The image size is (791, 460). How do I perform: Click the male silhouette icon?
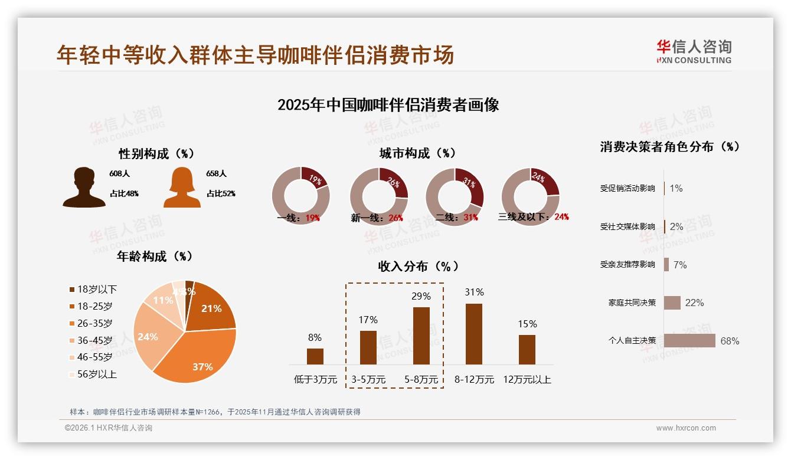[x=84, y=188]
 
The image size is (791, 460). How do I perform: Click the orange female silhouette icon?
[x=182, y=188]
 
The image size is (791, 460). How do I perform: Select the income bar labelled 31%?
[x=474, y=334]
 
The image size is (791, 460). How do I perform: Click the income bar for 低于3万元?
[x=315, y=356]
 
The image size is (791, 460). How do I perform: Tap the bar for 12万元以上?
[x=527, y=350]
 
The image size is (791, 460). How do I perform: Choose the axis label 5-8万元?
[x=421, y=380]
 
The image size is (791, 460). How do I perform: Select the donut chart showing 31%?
[x=455, y=196]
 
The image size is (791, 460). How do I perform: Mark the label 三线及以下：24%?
[x=534, y=217]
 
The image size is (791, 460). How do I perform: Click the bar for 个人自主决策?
[x=689, y=341]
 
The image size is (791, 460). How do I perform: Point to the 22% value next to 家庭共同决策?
[x=694, y=303]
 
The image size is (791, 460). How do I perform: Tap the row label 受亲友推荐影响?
[x=627, y=265]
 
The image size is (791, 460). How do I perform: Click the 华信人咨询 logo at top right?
[x=694, y=52]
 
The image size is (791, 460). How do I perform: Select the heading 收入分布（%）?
[x=418, y=267]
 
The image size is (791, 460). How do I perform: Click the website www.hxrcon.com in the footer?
[x=686, y=428]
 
